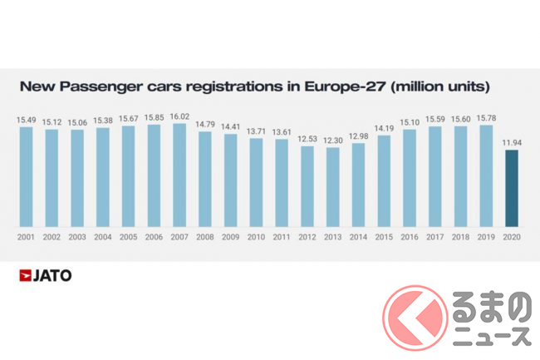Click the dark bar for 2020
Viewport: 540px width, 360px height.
tap(512, 188)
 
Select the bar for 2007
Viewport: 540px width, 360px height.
tap(179, 175)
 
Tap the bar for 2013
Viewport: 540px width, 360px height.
tap(333, 186)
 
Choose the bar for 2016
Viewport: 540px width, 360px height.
tap(410, 178)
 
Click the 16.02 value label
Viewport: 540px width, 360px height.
tap(179, 117)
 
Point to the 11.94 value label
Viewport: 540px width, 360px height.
tap(512, 144)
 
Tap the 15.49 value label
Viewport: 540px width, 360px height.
tap(26, 121)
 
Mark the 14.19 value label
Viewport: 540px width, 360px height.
tap(384, 129)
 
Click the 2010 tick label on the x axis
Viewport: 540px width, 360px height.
tap(256, 237)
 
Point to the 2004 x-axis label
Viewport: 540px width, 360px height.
tap(103, 237)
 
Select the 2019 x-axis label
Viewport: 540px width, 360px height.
tap(486, 237)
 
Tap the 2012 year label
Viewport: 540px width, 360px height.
tap(307, 237)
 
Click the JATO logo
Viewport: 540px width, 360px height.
tap(45, 275)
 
